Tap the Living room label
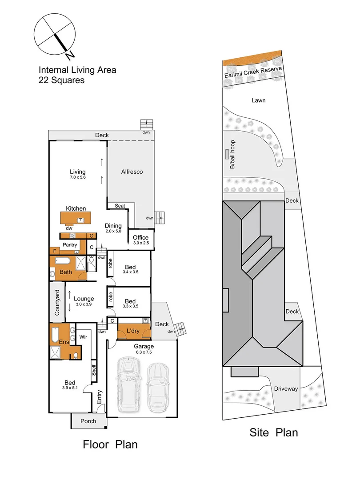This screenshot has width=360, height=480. (x=77, y=172)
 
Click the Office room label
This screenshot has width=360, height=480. (x=140, y=237)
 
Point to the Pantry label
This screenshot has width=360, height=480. (x=70, y=245)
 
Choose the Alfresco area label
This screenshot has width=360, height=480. (x=132, y=172)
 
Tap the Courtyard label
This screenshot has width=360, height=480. (x=57, y=303)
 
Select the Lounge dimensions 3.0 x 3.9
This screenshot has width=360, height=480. (x=84, y=304)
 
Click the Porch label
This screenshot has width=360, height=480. (x=88, y=421)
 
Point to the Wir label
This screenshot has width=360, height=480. (x=83, y=337)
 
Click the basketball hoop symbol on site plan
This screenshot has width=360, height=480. (x=227, y=154)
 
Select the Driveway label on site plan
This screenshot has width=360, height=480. (x=286, y=389)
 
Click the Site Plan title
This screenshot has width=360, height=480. (x=273, y=432)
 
